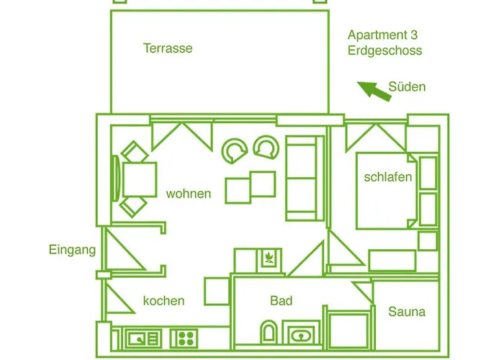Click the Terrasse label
[168, 48]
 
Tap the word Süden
[407, 86]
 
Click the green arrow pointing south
[374, 91]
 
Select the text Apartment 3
[382, 35]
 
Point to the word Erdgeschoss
[384, 51]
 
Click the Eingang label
[72, 250]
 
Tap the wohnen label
[189, 194]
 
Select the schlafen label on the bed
[388, 177]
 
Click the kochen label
[164, 301]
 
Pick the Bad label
[282, 301]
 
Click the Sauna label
[407, 312]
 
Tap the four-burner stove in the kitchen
[184, 338]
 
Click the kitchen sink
[143, 338]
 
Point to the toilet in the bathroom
[269, 332]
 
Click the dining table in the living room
[139, 179]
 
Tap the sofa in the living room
[305, 179]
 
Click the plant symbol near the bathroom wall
[269, 258]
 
